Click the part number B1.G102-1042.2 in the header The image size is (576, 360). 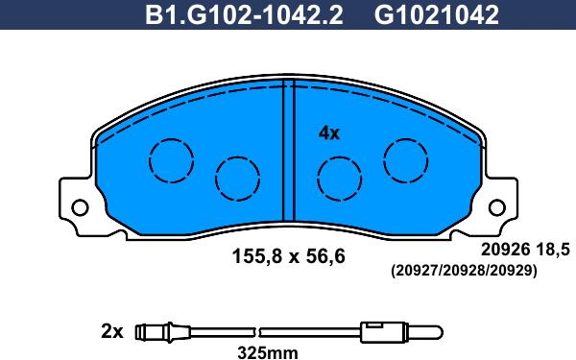click(x=244, y=14)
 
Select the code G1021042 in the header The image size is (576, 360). click(x=437, y=14)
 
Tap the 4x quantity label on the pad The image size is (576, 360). click(x=329, y=133)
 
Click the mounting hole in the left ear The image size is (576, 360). click(x=80, y=208)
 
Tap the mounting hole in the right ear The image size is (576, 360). click(x=497, y=208)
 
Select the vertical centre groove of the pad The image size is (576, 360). click(x=289, y=151)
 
